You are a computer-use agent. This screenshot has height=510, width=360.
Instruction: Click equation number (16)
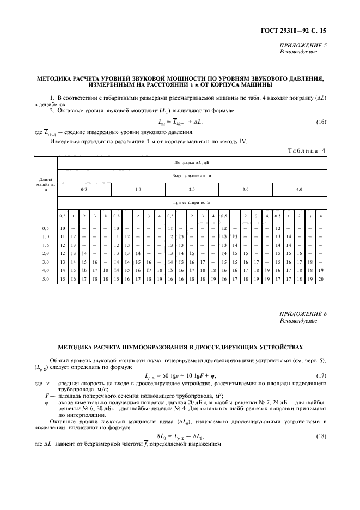pos(321,122)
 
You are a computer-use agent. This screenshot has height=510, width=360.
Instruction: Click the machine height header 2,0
pos(192,189)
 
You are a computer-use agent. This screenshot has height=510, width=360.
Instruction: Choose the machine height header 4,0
pos(299,189)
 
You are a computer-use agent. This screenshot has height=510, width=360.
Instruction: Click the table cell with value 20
pos(321,280)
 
